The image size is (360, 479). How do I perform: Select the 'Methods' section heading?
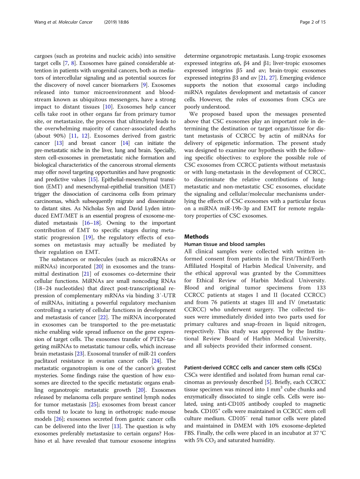(x=196, y=237)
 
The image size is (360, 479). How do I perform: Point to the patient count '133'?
(x=321, y=287)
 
